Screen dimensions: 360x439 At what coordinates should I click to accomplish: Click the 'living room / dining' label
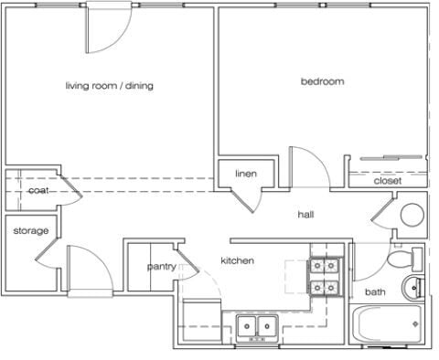109,86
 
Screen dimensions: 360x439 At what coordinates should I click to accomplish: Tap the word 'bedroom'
323,81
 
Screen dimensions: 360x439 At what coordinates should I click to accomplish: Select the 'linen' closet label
245,174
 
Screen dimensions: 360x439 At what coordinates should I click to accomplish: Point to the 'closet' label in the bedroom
388,181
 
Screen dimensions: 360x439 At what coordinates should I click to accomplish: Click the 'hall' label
305,215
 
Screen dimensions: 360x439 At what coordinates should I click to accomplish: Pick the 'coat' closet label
37,190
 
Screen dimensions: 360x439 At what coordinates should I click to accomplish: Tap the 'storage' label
30,230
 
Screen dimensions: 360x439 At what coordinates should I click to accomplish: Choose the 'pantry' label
161,267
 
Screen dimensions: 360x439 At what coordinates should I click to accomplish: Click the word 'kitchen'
237,261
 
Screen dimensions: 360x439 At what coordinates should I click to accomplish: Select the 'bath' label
375,292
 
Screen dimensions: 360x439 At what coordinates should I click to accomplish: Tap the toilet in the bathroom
400,259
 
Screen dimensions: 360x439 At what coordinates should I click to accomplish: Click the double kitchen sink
256,325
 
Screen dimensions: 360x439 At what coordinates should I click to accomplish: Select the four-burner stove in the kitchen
324,276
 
